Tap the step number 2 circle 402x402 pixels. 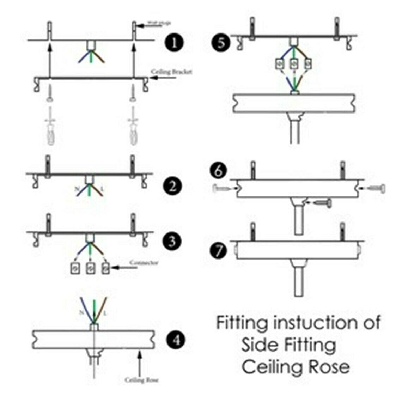pos(173,186)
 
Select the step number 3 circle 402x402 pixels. pos(172,241)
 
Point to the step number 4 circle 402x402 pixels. pos(175,340)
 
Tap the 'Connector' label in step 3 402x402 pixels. pos(144,263)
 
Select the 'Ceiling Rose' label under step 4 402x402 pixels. pos(141,380)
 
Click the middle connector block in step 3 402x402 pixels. pos(91,269)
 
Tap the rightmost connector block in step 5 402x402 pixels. pos(308,64)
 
